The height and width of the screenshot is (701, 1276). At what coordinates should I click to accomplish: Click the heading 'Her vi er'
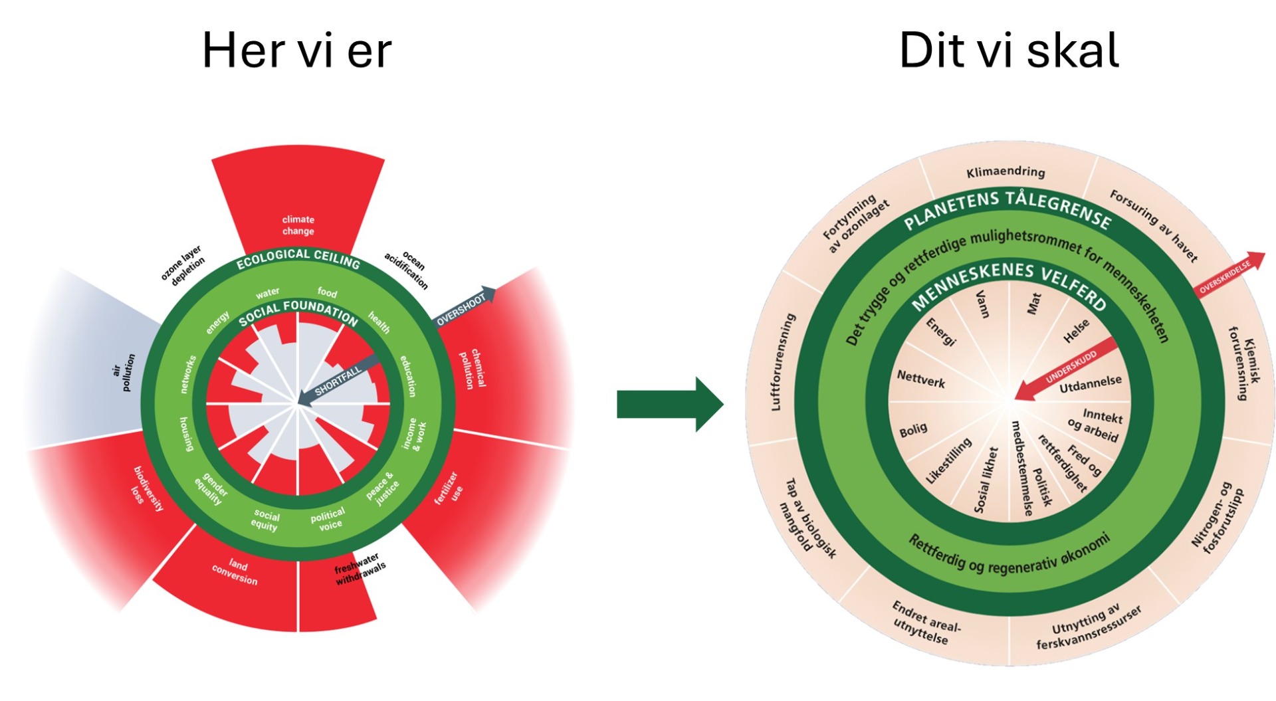coord(296,50)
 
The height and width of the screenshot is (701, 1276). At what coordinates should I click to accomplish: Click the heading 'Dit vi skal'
coord(1008,50)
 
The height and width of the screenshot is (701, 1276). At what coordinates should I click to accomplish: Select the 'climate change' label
coord(298,225)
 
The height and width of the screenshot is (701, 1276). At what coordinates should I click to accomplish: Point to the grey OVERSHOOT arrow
coord(465,307)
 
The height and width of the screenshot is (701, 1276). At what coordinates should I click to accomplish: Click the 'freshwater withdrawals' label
coord(359,569)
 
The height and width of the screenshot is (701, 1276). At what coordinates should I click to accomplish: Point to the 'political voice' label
coord(328,519)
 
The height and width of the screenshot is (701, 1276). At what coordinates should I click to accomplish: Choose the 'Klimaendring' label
coord(1006,172)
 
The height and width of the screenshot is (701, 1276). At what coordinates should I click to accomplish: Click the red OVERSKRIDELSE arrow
coord(1229,273)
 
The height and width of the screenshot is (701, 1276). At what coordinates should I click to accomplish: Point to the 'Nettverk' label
coord(921,379)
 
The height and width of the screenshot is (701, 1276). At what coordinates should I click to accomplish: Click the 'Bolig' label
coord(912,430)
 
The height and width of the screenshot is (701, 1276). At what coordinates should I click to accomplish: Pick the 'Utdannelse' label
coord(1091,384)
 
